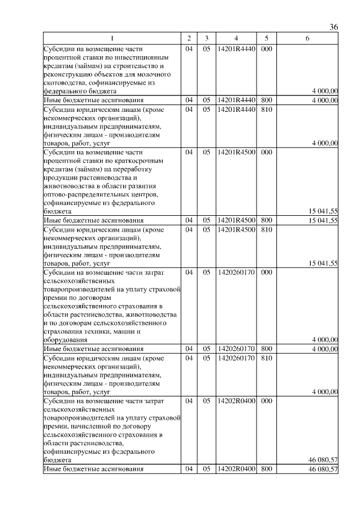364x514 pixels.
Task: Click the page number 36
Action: (x=334, y=27)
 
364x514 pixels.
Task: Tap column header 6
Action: (x=307, y=38)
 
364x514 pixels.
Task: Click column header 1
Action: (x=112, y=38)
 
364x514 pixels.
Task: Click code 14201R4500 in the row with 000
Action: (x=235, y=152)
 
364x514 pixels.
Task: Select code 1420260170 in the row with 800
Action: (x=235, y=349)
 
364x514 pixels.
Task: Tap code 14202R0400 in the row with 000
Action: (x=235, y=401)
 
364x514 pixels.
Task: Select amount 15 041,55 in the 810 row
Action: (x=323, y=263)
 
